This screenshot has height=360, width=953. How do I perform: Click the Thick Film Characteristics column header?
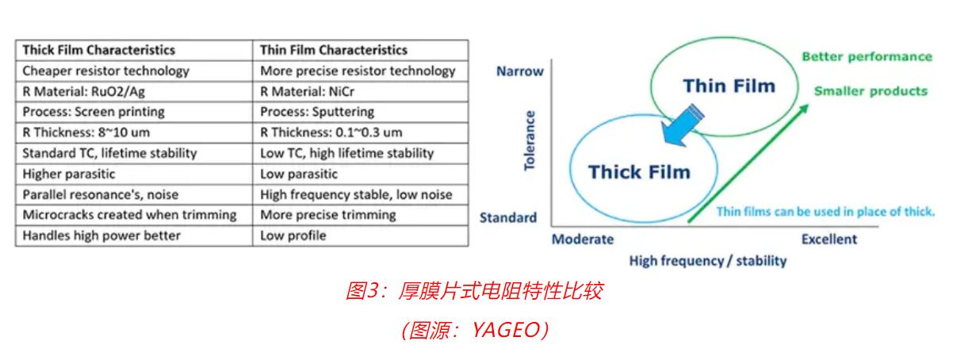pos(98,50)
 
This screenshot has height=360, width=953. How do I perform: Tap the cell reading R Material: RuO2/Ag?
pos(84,91)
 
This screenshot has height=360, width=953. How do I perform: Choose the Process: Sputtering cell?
pos(317,112)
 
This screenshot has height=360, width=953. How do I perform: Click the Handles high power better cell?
pos(101,236)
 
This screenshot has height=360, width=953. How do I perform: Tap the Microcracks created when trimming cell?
pos(129,215)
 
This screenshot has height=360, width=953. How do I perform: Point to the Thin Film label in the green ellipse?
pos(728,86)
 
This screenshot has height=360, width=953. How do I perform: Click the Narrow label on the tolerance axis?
pos(519,71)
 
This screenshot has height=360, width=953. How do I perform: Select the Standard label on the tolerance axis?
pos(507,217)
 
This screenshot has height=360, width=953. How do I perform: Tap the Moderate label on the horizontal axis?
pos(582,239)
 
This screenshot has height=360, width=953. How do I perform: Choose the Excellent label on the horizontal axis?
pos(829,239)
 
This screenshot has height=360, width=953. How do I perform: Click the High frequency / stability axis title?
pos(707,260)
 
